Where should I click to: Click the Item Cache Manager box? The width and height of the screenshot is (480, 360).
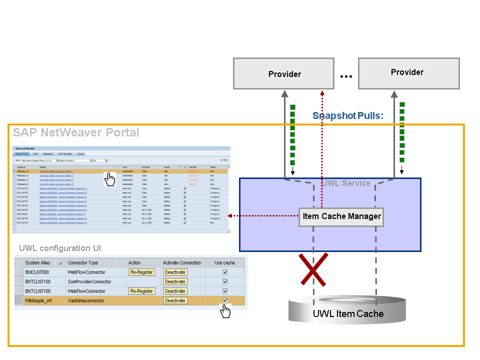point(341,216)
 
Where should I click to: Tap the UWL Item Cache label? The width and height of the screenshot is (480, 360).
point(348,314)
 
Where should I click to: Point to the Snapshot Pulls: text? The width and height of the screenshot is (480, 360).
point(347,116)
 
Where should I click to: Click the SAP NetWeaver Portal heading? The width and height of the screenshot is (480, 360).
point(76,133)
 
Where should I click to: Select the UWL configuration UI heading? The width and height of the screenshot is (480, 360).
point(60,248)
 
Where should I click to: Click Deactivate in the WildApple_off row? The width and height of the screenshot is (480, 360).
point(174,300)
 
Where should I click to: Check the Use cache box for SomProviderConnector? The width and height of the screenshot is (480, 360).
point(225,281)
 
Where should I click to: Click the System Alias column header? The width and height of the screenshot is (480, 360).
point(39,263)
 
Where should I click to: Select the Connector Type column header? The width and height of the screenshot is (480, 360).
point(82,263)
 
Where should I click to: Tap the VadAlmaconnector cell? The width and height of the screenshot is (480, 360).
point(85,300)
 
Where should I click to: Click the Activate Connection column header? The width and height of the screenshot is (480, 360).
point(181,263)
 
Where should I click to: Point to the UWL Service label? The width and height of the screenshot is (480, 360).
point(347,183)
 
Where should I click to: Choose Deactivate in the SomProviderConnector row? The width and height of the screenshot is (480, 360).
point(174,281)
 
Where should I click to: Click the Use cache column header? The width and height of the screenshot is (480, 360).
point(224,263)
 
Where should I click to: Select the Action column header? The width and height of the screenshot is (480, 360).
point(134,263)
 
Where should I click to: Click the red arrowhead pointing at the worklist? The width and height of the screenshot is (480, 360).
point(229,216)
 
